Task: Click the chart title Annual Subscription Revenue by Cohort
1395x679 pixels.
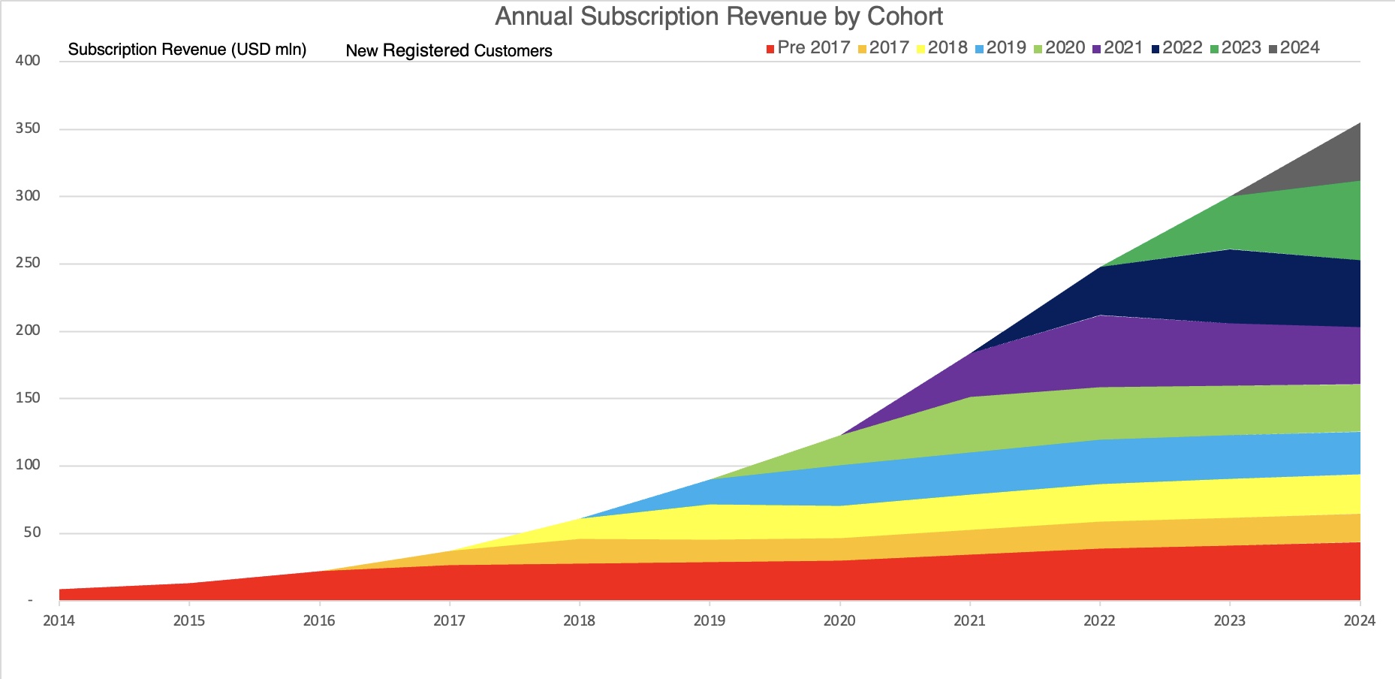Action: tap(719, 17)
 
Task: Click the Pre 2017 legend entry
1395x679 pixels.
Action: tap(808, 48)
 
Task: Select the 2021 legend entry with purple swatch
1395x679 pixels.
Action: tap(1117, 48)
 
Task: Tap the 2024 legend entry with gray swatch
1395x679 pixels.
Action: tap(1294, 48)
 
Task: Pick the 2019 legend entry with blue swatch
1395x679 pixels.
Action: tap(1000, 48)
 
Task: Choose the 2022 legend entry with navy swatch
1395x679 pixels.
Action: tap(1177, 48)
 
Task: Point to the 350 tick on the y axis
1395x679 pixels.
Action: tap(28, 128)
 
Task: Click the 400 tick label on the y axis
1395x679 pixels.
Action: tap(28, 61)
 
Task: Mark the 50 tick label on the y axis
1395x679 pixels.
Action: tap(32, 533)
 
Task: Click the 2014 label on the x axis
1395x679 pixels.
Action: tap(59, 620)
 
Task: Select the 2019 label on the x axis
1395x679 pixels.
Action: tap(710, 620)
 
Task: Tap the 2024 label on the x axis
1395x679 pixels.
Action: tap(1359, 620)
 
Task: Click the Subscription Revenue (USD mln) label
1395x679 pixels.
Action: tap(187, 50)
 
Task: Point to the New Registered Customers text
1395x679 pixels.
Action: tap(449, 51)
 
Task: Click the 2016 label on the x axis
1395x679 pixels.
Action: tap(319, 620)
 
